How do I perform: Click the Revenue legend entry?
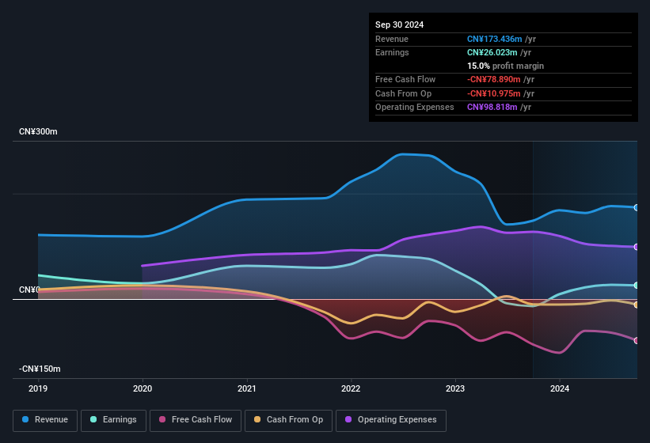coord(46,420)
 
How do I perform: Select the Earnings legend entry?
coord(113,420)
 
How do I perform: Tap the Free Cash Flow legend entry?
coord(196,420)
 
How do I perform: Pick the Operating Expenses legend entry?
coord(391,420)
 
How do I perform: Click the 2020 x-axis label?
coord(143,388)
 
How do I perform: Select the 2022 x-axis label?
coord(351,388)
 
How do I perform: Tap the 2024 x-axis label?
coord(560,388)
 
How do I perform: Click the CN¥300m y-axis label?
coord(39,131)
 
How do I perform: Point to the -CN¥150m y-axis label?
coord(40,369)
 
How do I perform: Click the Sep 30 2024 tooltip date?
coord(399,25)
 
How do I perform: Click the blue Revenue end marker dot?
coord(637,207)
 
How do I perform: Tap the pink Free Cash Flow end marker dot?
coord(637,340)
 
